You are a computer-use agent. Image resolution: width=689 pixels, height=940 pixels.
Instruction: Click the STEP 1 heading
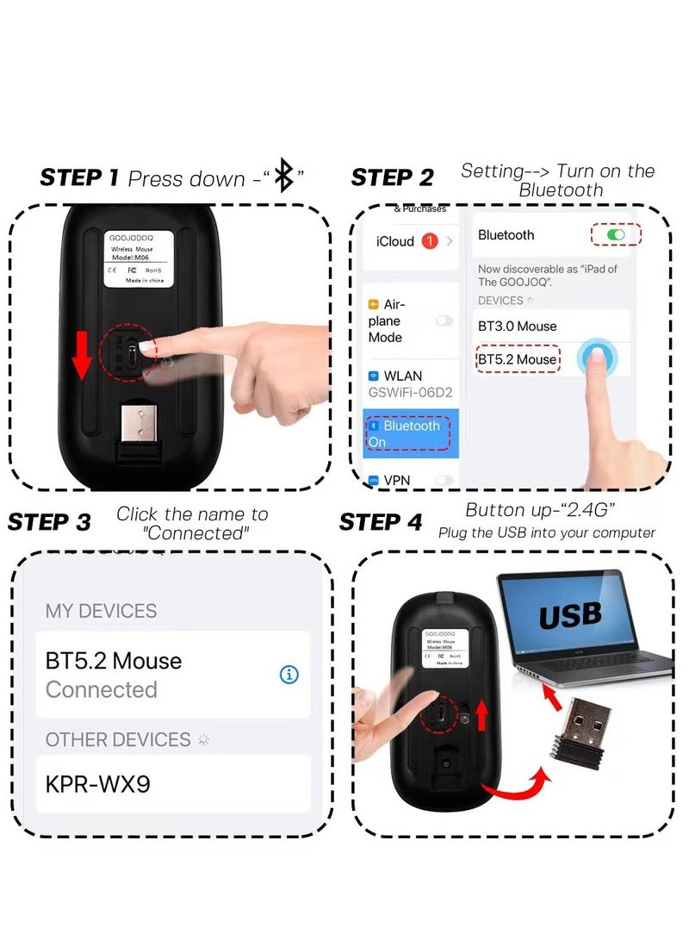(x=79, y=178)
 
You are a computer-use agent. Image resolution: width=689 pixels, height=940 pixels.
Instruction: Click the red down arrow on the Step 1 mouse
(x=81, y=354)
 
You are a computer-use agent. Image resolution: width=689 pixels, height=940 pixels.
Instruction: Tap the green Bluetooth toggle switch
(x=616, y=234)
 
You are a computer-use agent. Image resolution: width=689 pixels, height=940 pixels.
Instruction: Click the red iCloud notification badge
(x=430, y=241)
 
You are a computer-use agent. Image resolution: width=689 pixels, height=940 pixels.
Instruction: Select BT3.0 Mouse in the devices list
(x=517, y=326)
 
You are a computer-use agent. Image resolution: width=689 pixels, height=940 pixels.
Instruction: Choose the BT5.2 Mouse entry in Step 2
(x=517, y=358)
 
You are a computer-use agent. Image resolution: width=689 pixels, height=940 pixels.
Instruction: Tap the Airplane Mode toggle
(x=444, y=321)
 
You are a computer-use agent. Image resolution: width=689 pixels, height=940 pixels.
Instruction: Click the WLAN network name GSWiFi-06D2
(x=411, y=393)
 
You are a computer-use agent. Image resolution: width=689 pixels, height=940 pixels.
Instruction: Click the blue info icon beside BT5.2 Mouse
(x=289, y=675)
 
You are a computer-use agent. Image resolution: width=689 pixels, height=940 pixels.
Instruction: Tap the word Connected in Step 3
(x=102, y=689)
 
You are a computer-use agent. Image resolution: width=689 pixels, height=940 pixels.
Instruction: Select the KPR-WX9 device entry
(x=100, y=784)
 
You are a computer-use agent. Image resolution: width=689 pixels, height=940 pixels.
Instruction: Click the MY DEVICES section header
(x=101, y=611)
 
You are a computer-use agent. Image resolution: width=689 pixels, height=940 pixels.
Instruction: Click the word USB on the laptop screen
(x=569, y=615)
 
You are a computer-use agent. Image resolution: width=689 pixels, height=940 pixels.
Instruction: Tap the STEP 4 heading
(x=381, y=522)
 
